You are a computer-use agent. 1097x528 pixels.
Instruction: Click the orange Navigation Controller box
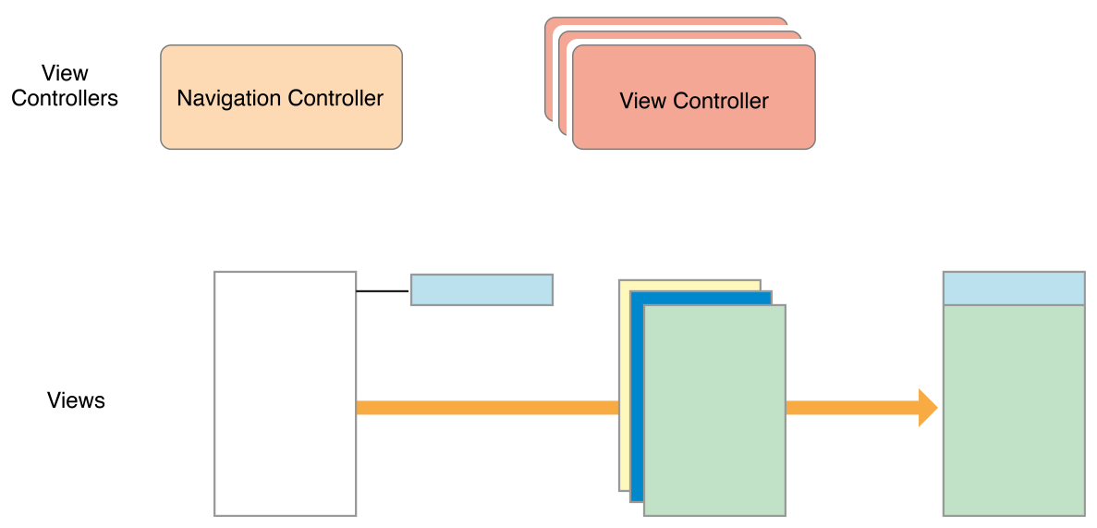coord(281,129)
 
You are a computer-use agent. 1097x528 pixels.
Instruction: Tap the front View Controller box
coord(693,129)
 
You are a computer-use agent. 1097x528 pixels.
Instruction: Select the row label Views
coord(76,400)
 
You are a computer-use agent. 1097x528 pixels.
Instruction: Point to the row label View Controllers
coord(65,86)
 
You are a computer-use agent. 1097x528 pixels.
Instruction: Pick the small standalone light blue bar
coord(481,289)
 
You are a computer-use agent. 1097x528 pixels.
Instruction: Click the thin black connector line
coord(383,291)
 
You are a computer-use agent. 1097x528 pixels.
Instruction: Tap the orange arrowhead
coord(927,408)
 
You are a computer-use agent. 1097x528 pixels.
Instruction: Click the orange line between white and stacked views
coord(487,408)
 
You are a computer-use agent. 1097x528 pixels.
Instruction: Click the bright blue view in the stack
coord(636,398)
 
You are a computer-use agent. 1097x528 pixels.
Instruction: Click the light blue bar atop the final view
coord(1014,289)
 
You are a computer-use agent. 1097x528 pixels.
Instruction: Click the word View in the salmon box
coord(642,101)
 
